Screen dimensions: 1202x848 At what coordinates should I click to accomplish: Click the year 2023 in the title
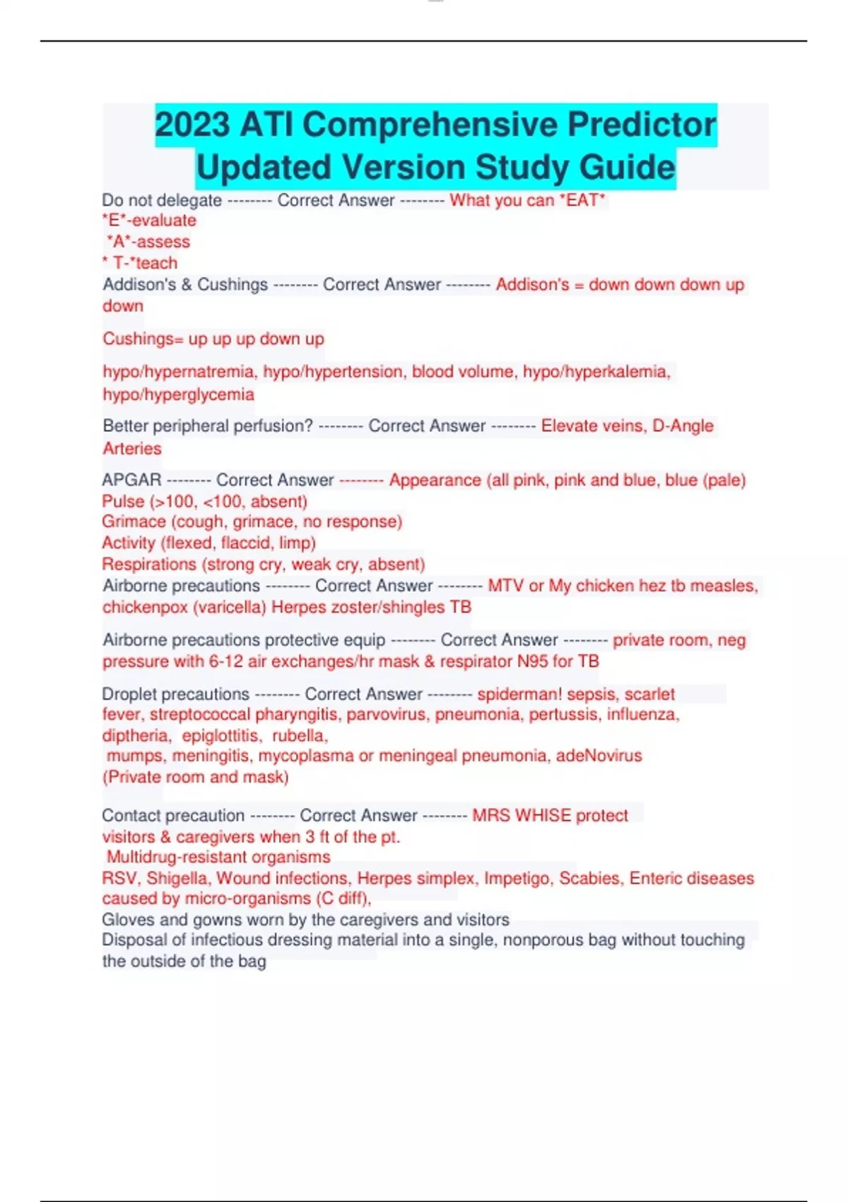[x=192, y=124]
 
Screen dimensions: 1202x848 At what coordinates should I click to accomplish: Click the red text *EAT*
[x=582, y=200]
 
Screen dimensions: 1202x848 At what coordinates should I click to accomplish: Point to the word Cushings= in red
[x=143, y=339]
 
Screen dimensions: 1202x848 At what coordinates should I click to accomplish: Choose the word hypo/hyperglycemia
[x=178, y=394]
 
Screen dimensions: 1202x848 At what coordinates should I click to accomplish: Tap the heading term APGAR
[x=131, y=480]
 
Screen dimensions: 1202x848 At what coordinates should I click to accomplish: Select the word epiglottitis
[x=220, y=735]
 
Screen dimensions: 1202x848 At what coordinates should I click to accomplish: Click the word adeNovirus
[x=599, y=756]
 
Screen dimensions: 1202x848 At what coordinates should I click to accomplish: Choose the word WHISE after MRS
[x=542, y=815]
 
